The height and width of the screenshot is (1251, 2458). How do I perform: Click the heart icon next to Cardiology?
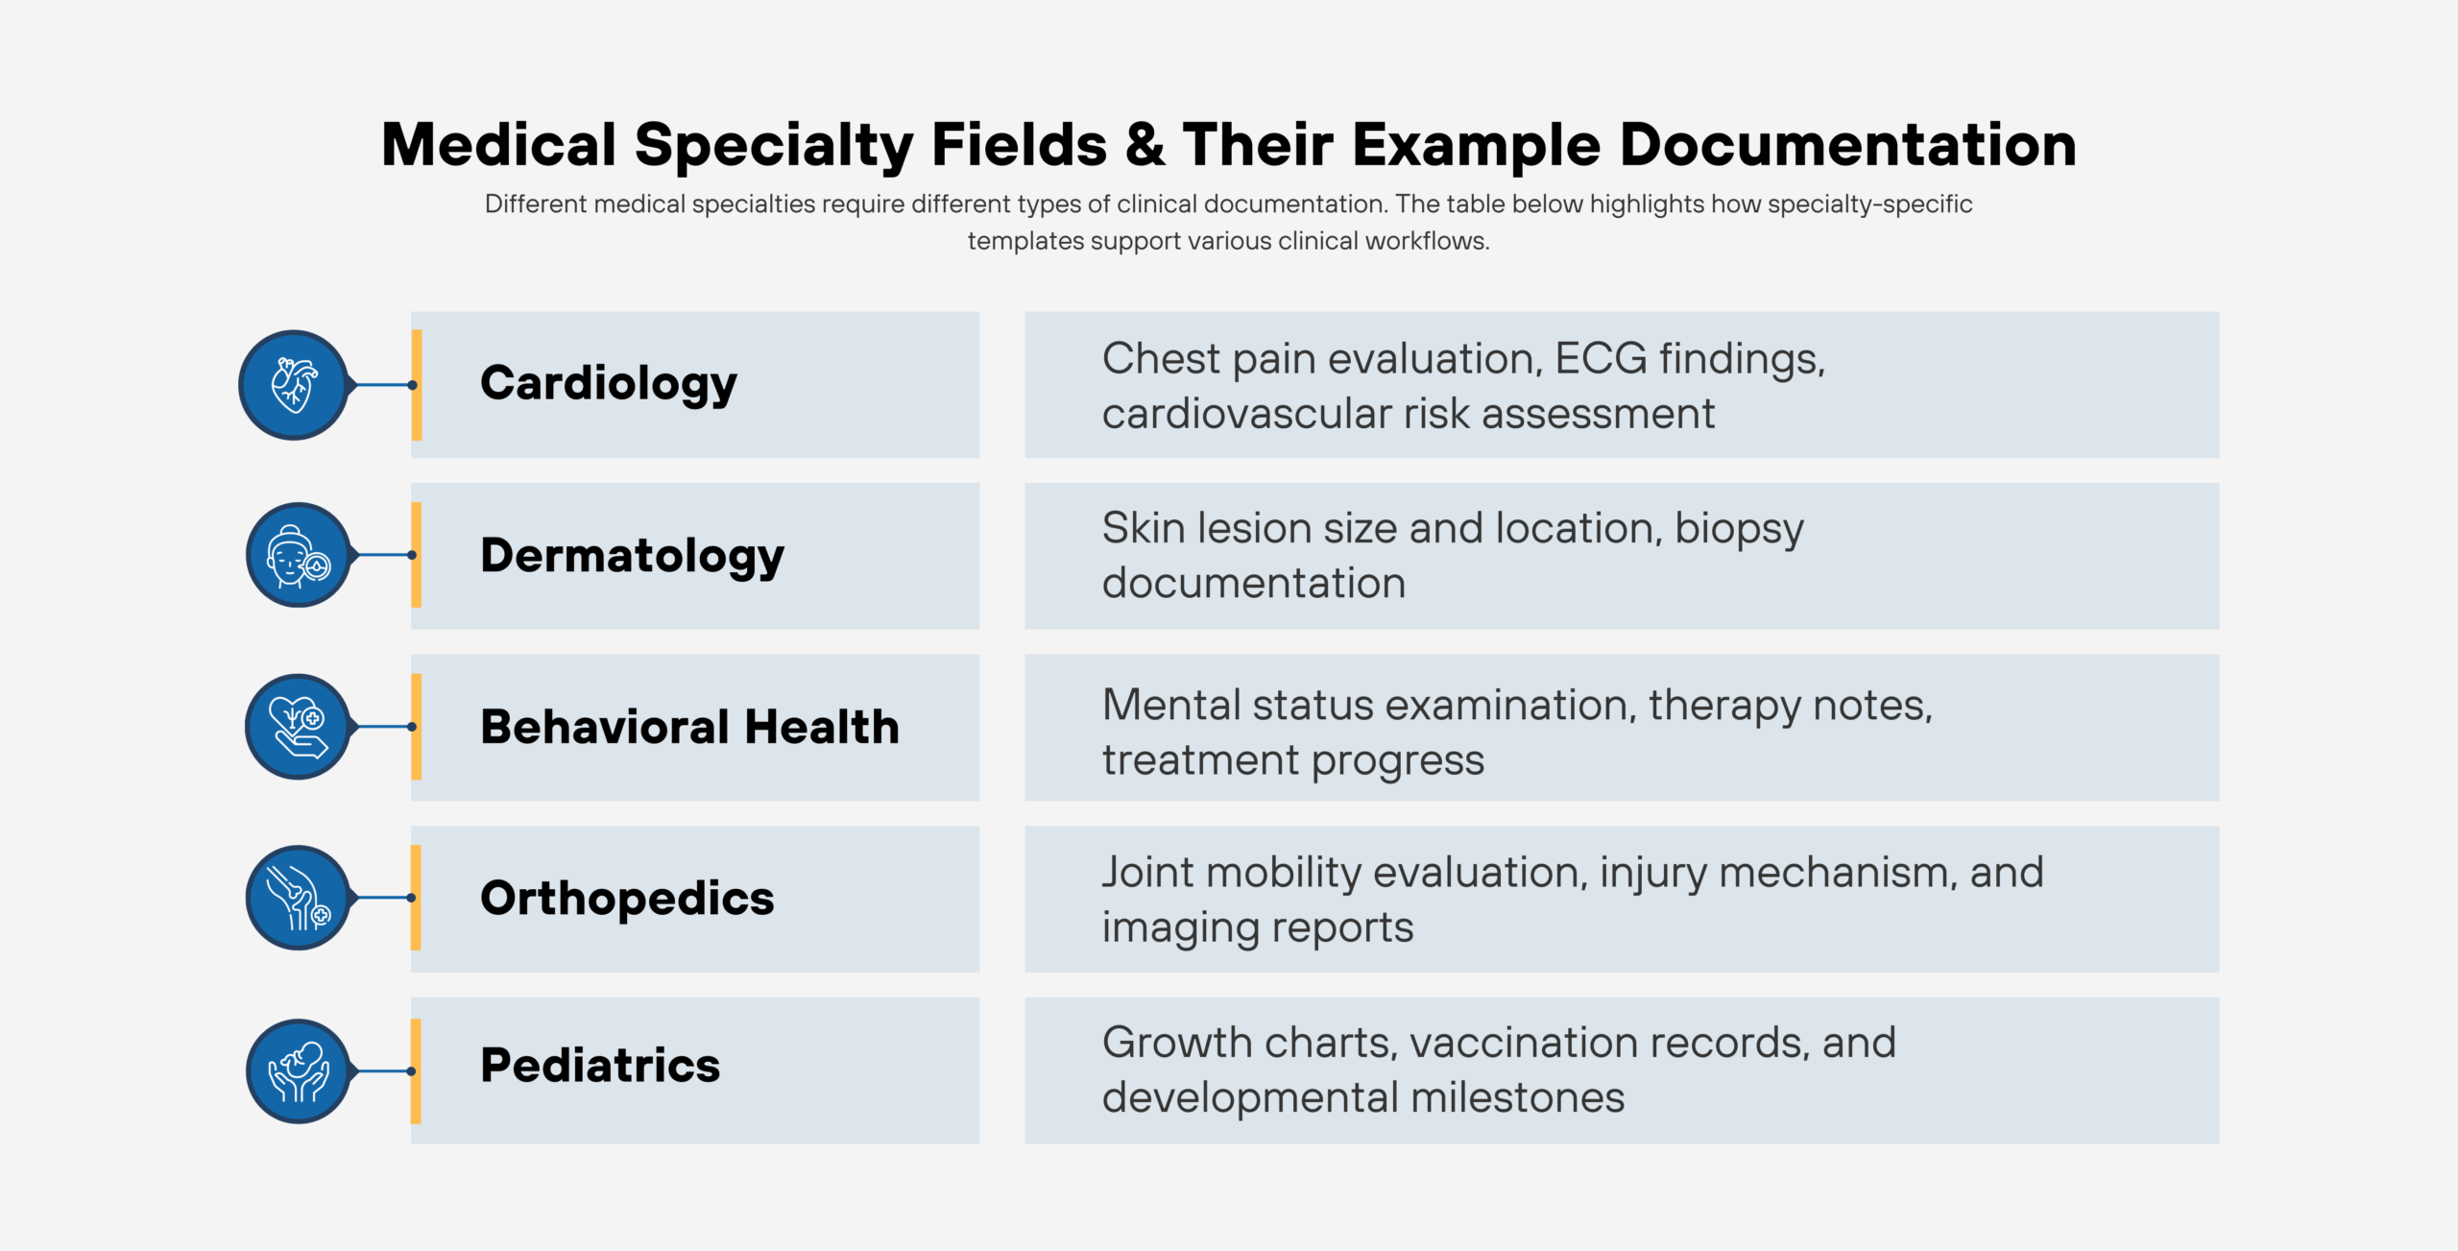294,385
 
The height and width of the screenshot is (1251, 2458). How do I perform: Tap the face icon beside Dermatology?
298,555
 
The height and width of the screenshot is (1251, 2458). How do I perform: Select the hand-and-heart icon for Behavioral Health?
298,727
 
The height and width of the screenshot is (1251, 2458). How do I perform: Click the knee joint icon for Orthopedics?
298,898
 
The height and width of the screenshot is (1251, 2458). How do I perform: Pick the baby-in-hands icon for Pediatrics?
298,1071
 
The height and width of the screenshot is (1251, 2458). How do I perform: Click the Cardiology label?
609,384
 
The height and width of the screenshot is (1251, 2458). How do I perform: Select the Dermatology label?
632,556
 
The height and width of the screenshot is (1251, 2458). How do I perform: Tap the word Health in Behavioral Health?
822,727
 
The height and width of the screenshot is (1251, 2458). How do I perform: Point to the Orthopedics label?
627,899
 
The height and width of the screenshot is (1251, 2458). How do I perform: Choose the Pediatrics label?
600,1066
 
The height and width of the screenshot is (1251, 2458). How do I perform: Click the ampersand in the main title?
1145,145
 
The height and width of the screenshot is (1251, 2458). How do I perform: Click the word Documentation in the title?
1848,145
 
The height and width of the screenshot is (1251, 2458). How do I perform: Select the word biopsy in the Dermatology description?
1739,529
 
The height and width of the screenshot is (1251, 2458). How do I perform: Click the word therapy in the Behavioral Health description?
1724,707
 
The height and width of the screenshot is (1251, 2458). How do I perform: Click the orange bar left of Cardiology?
417,385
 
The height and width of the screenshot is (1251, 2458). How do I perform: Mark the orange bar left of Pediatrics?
416,1071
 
